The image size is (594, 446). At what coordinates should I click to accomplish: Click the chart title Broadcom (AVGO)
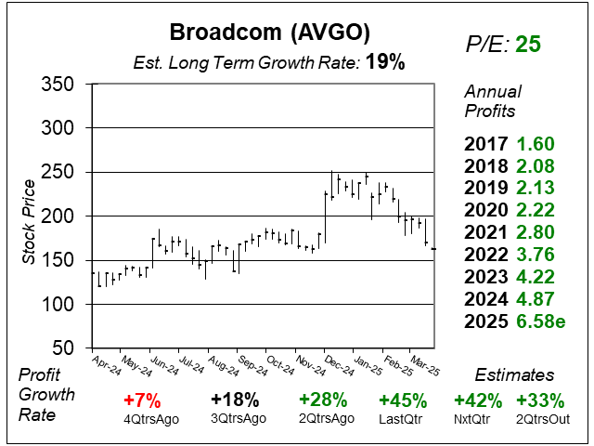[x=270, y=32]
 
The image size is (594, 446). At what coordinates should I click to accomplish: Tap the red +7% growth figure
[x=147, y=400]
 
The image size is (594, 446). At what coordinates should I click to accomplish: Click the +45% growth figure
[x=403, y=400]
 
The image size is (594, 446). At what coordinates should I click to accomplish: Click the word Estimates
[x=515, y=375]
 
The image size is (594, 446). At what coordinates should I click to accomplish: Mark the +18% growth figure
[x=234, y=400]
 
